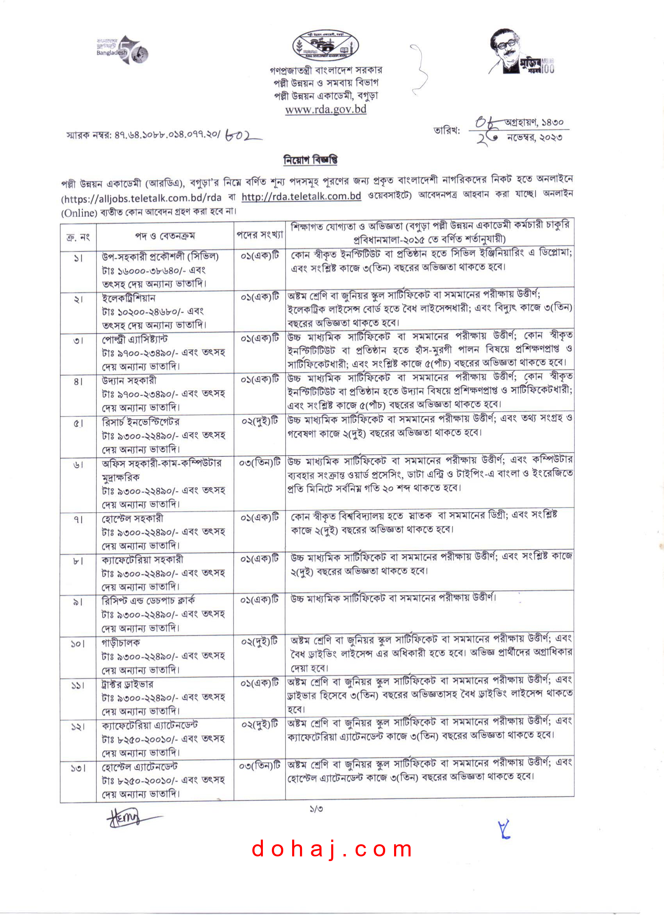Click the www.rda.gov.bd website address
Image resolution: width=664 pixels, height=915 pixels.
coord(325,109)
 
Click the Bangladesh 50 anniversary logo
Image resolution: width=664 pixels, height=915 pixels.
coord(122,50)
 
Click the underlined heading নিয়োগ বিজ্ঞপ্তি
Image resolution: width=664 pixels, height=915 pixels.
coord(310,160)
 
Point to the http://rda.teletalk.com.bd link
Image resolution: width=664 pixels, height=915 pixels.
coord(301,196)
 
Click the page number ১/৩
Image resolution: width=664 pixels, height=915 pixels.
coord(316,809)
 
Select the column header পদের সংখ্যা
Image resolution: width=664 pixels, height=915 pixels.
coord(259,235)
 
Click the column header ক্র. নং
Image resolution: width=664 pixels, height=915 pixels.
coord(78,237)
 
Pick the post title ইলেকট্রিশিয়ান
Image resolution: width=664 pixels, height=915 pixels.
coord(129,298)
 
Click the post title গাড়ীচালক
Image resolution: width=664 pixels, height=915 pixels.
coord(121,642)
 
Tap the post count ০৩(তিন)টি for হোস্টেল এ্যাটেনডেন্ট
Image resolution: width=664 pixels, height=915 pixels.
coord(259,766)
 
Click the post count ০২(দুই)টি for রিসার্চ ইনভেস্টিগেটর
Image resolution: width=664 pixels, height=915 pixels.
coord(259,421)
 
